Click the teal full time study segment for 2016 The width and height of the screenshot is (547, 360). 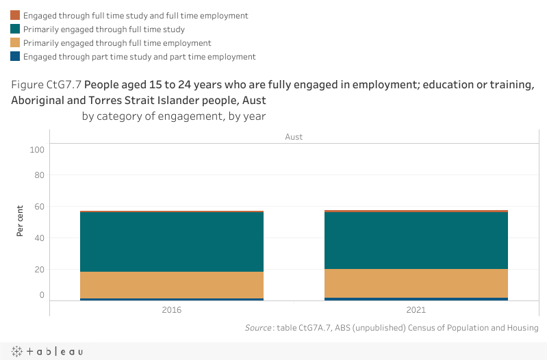172,242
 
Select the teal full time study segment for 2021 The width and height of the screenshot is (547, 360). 416,240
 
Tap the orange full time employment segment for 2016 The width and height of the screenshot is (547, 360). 172,285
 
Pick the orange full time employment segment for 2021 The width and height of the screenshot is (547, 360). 416,283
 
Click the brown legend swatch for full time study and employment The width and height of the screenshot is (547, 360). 15,15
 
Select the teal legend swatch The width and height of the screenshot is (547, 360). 15,29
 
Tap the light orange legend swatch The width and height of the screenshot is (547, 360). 15,43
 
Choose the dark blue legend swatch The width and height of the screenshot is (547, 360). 15,57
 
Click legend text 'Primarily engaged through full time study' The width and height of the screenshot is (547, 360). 104,29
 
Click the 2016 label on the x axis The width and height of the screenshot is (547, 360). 172,310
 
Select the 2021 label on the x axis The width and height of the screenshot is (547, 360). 416,310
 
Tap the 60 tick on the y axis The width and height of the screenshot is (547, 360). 40,207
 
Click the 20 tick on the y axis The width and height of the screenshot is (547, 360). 40,270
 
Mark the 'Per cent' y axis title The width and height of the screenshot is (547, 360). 21,220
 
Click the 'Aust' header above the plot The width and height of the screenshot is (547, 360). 294,137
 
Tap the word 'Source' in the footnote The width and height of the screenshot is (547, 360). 258,329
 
